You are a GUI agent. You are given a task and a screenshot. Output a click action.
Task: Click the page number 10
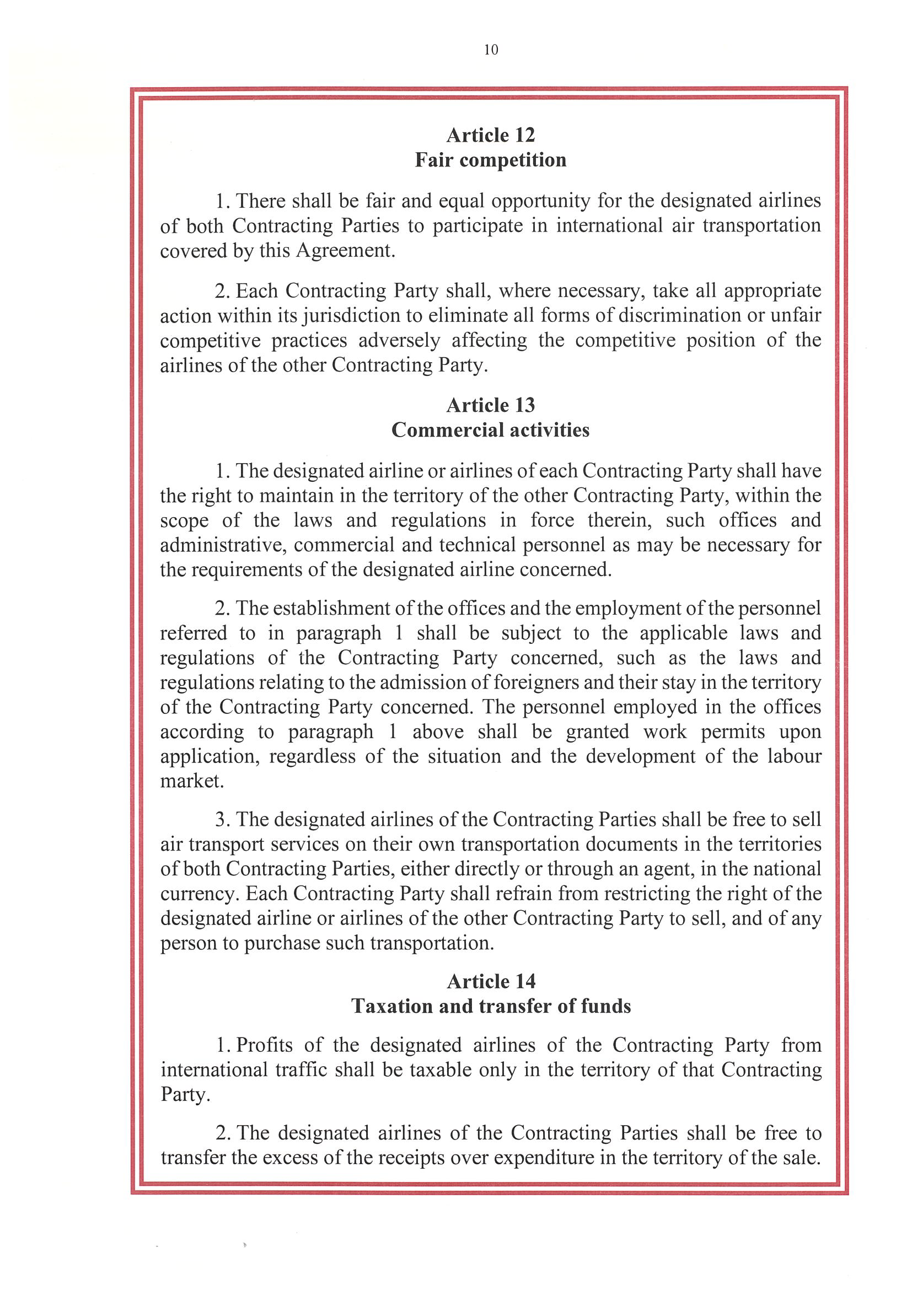(491, 50)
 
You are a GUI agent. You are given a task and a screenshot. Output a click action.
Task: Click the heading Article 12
(491, 136)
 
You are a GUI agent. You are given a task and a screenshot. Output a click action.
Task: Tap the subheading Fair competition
(491, 160)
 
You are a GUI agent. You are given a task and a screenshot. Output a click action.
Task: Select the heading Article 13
(491, 405)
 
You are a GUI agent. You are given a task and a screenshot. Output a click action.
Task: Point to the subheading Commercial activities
(491, 431)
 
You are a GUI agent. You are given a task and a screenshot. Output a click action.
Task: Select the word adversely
(399, 341)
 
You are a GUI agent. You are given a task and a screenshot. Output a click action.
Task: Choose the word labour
(794, 756)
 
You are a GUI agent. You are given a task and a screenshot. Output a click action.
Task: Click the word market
(192, 782)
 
